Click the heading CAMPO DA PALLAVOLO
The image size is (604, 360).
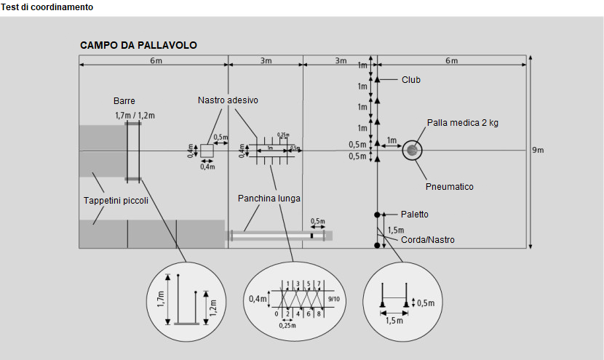pos(138,45)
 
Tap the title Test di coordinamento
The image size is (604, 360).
pos(47,7)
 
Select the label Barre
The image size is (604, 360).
pos(124,101)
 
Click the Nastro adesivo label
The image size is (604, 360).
pos(228,100)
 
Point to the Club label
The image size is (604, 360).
pos(411,80)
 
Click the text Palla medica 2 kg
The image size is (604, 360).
pos(462,123)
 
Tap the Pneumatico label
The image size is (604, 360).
pos(450,187)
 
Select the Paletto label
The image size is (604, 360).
pos(415,215)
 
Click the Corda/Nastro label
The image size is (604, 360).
pos(428,239)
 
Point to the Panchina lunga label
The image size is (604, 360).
pos(269,198)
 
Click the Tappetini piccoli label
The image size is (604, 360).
pos(116,201)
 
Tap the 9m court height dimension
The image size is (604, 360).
pos(539,150)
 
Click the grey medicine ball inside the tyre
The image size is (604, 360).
pos(413,151)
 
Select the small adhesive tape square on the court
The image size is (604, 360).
pos(207,151)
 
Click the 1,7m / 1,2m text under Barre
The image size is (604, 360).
pos(135,115)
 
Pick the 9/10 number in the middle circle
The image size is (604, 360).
pos(334,298)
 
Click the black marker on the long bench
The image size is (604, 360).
pos(312,236)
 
